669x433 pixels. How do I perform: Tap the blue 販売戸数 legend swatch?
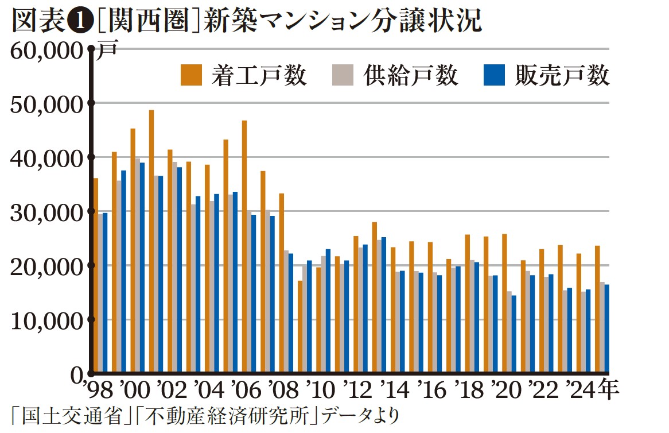coord(495,75)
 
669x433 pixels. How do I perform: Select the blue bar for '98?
coord(105,293)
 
